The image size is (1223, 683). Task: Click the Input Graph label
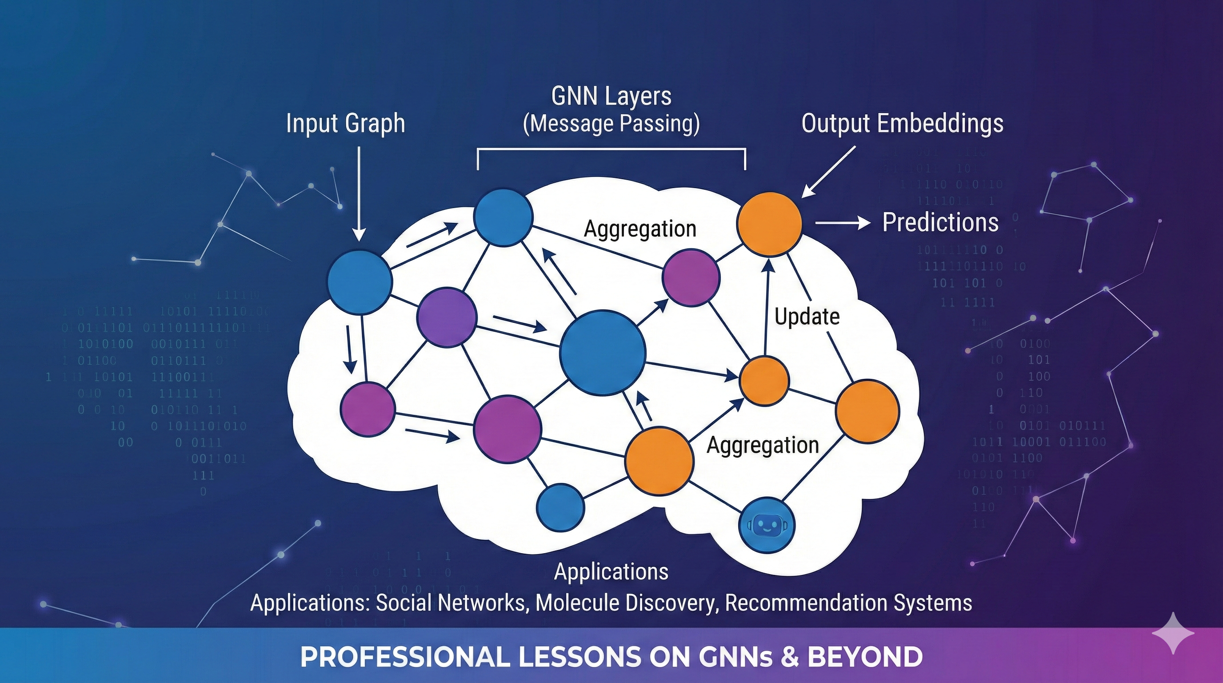346,124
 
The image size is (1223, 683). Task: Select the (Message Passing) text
611,124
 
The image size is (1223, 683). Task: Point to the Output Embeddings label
902,124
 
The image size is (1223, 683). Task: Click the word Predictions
940,222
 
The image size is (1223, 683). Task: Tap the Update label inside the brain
807,317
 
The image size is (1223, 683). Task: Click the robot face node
767,525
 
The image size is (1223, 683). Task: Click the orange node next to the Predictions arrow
769,224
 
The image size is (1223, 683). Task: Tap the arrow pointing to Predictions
843,222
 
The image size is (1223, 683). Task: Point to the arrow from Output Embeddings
828,172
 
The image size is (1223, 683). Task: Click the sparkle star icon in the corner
1173,633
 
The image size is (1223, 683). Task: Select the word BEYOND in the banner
865,657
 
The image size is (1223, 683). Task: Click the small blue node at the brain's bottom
561,507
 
